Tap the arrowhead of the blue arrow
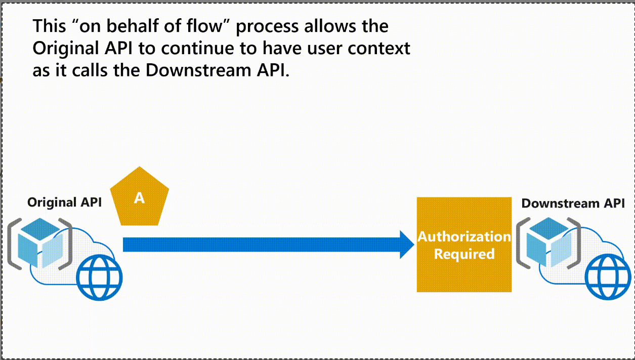click(407, 245)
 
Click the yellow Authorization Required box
click(464, 245)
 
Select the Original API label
click(64, 203)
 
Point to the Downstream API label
click(573, 204)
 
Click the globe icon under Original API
click(99, 277)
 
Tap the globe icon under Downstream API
click(608, 277)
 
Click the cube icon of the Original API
click(40, 243)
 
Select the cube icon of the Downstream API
click(549, 242)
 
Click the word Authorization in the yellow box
click(464, 236)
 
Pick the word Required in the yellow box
click(464, 254)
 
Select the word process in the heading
click(267, 27)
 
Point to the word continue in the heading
click(198, 48)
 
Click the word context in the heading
click(379, 49)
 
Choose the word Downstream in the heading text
click(198, 70)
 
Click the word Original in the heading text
click(66, 49)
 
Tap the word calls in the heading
click(90, 70)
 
